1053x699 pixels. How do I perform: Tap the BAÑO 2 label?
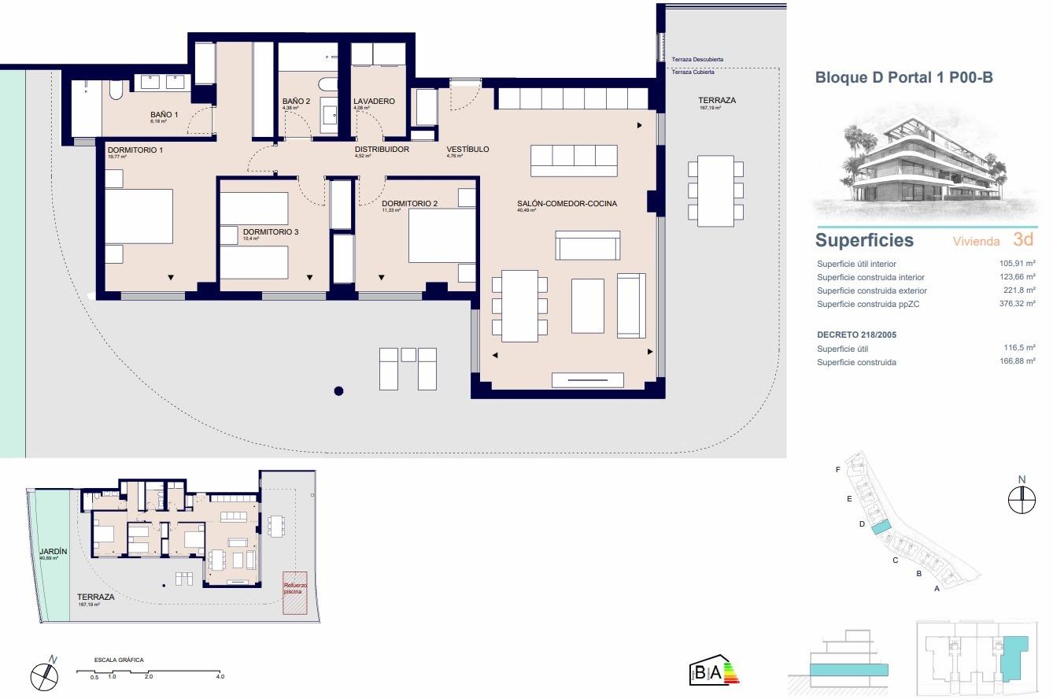[x=296, y=102]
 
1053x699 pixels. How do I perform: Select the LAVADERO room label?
[x=374, y=102]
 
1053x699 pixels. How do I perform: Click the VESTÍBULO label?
[x=467, y=149]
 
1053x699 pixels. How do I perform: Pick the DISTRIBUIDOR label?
[x=382, y=149]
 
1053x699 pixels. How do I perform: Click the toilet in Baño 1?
[x=116, y=94]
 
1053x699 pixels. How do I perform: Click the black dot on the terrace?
[x=338, y=390]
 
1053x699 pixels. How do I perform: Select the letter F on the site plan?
[x=838, y=470]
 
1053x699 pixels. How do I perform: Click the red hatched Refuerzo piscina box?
[x=294, y=592]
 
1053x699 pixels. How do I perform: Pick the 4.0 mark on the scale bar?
[x=220, y=677]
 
